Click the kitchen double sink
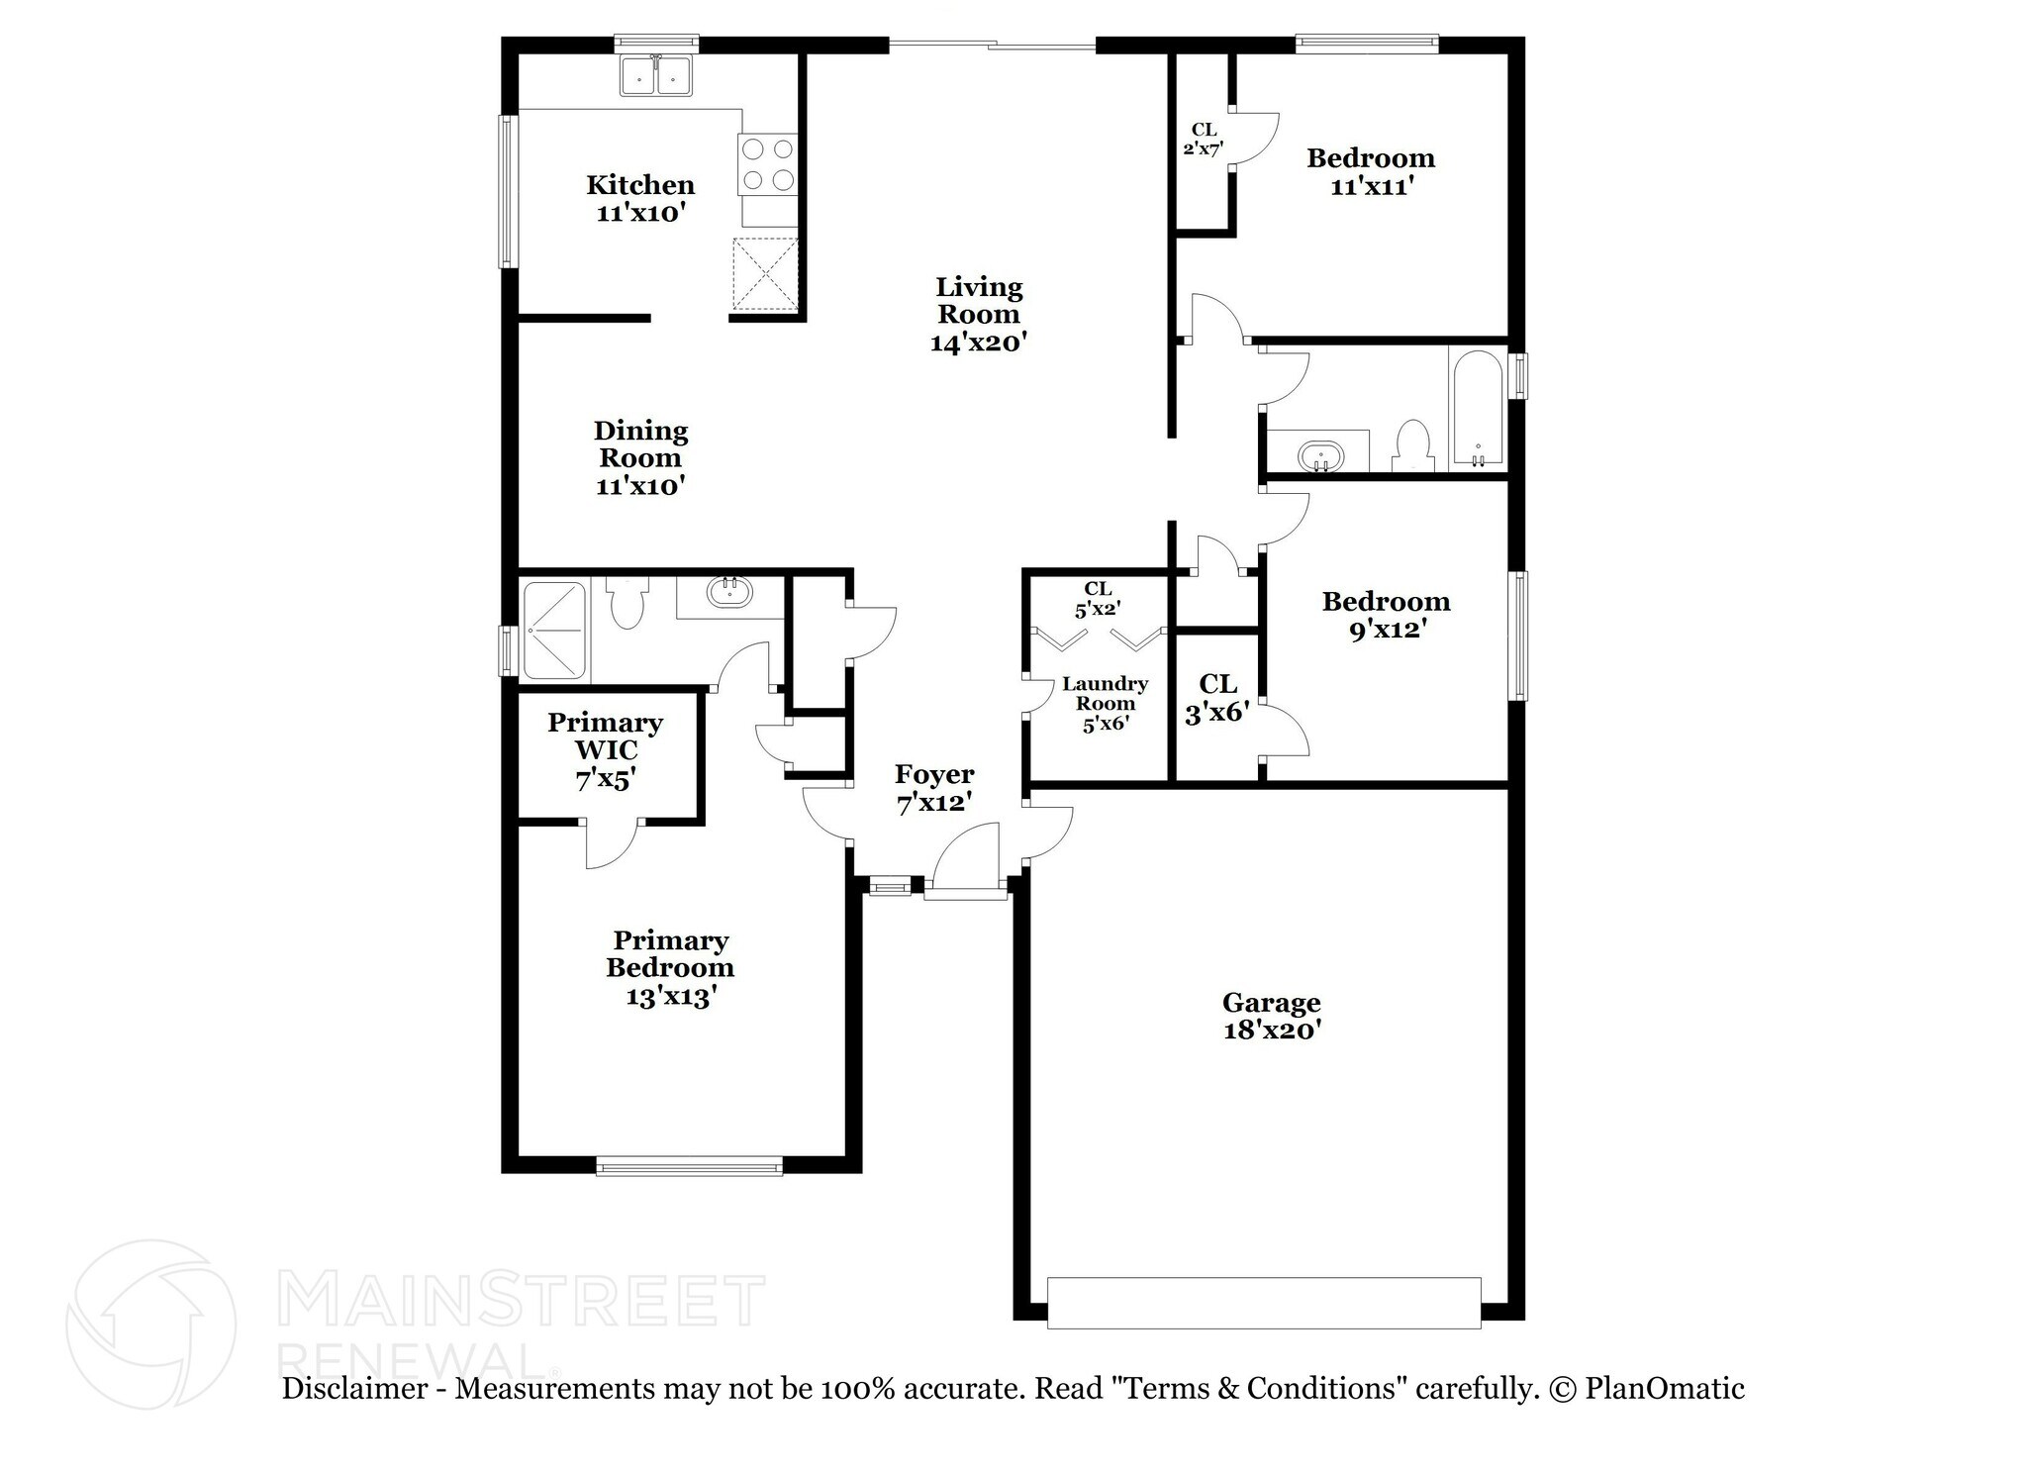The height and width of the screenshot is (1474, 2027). pos(656,75)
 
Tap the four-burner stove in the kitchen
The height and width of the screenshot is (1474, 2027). pos(768,164)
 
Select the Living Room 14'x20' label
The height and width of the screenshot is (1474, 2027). pos(979,315)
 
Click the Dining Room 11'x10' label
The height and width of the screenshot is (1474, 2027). pos(640,458)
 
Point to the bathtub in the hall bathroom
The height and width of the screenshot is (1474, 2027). pos(1477,409)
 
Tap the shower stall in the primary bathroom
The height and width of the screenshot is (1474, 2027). pos(554,631)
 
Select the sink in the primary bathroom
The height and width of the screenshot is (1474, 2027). pos(729,593)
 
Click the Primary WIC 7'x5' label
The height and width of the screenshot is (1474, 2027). pos(605,750)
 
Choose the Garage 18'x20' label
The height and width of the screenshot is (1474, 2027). pos(1272,1017)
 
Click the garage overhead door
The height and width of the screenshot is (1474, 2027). pos(1264,1302)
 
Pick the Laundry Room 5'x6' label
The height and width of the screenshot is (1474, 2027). pos(1105,703)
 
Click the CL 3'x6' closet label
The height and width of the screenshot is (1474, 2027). pos(1217,698)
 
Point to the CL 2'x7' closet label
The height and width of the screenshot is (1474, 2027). pos(1204,140)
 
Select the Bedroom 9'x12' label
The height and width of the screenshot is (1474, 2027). pos(1386,615)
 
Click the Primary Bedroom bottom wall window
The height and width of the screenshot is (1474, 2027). pos(690,1166)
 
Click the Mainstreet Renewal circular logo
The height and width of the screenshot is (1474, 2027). pos(150,1325)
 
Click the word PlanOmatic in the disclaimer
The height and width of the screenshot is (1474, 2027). pos(1664,1389)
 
